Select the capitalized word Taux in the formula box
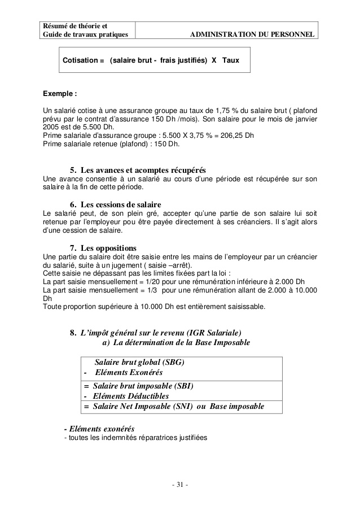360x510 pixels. pyautogui.click(x=231, y=59)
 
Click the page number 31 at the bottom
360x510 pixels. pyautogui.click(x=179, y=485)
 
